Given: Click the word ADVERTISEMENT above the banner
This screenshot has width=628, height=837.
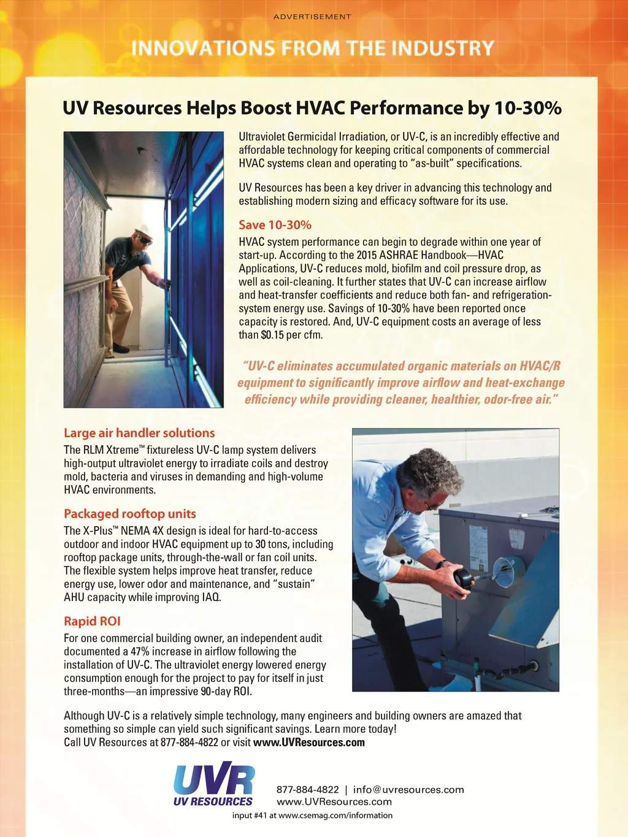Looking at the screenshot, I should tap(312, 17).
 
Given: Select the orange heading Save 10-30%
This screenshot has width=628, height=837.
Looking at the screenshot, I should tap(275, 225).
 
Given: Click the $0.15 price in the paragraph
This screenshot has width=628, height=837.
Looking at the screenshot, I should tap(272, 335).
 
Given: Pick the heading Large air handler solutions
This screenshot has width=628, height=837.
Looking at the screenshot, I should tap(139, 433).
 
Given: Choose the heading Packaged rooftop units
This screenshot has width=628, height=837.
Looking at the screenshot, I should tap(130, 514).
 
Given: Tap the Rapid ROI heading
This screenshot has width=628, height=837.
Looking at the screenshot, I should tap(92, 621).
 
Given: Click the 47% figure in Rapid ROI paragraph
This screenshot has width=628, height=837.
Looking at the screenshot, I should tap(140, 651).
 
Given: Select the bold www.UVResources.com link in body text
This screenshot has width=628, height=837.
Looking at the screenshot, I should tap(308, 743).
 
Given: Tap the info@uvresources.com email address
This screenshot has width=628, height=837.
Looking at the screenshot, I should tap(408, 790).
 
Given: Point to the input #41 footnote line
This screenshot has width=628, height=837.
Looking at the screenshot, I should tap(312, 816).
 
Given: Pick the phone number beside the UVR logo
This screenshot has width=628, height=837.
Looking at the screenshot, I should tap(307, 790).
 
